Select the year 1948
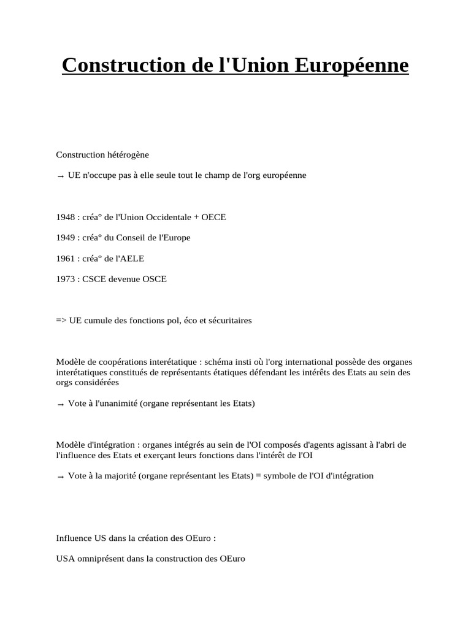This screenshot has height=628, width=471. click(x=65, y=217)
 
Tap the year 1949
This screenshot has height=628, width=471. click(x=65, y=237)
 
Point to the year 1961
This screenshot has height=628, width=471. click(x=65, y=258)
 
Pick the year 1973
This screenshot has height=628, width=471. click(x=65, y=279)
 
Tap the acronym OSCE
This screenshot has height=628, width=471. click(x=153, y=279)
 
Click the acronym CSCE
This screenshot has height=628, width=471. click(x=91, y=279)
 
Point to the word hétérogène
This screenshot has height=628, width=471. click(x=127, y=155)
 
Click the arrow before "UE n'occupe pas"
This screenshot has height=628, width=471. click(x=60, y=177)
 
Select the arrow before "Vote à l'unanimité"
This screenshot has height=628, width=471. click(x=60, y=405)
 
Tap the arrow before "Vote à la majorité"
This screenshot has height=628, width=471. click(x=60, y=477)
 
